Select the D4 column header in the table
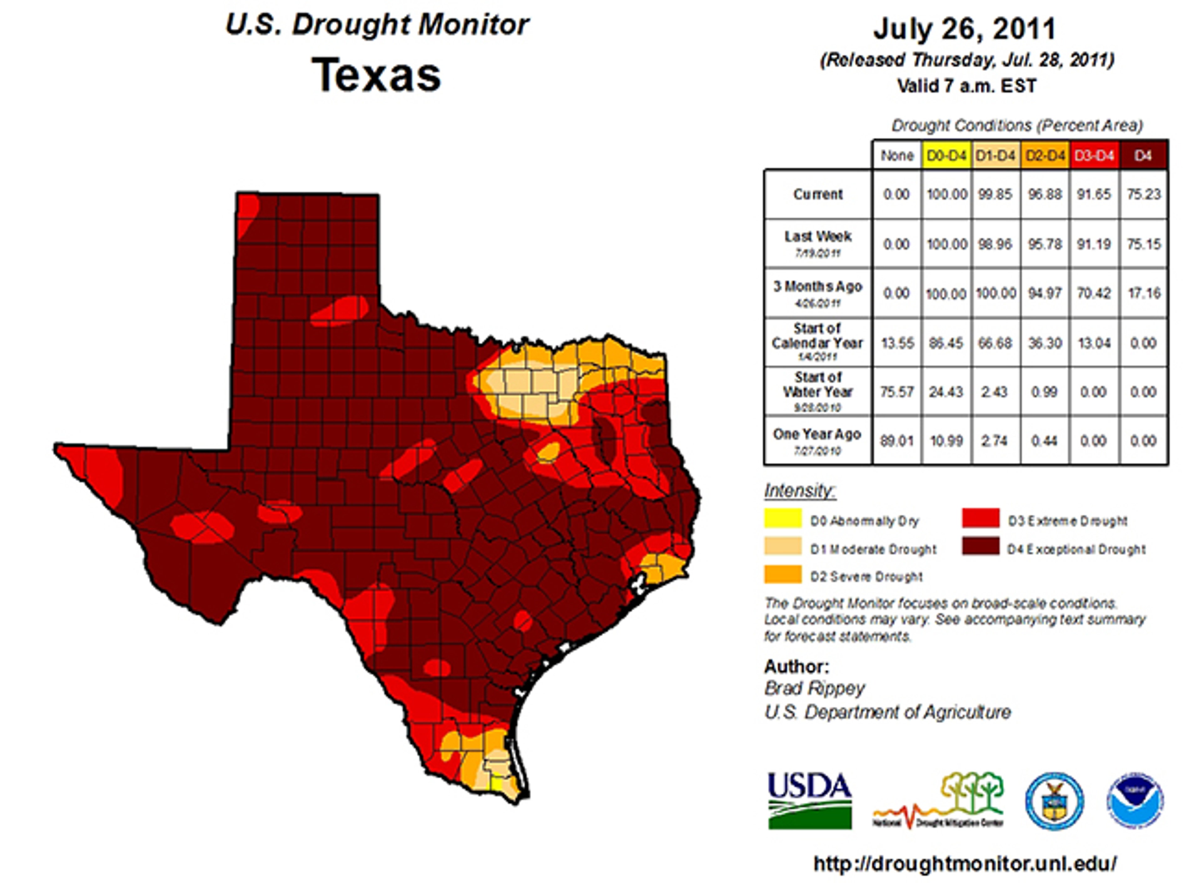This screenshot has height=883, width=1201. click(1143, 155)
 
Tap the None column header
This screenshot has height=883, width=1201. click(897, 155)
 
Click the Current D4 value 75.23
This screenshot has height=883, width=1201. click(1143, 194)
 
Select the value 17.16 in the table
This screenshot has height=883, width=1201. click(1143, 293)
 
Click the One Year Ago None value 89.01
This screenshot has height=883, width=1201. click(897, 441)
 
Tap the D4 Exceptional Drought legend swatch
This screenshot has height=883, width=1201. click(980, 546)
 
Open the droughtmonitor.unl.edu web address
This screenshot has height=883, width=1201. click(965, 863)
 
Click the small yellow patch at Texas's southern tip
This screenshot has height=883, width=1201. click(496, 784)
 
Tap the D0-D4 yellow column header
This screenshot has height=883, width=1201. click(946, 155)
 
